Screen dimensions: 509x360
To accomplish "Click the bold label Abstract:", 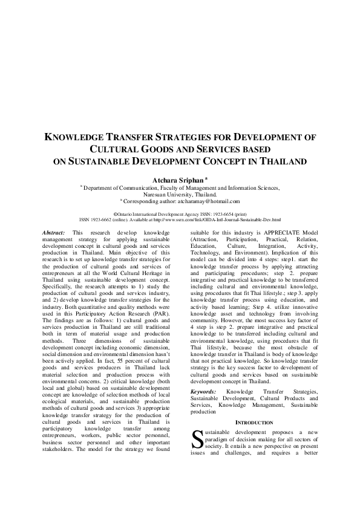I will click(x=54, y=232).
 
